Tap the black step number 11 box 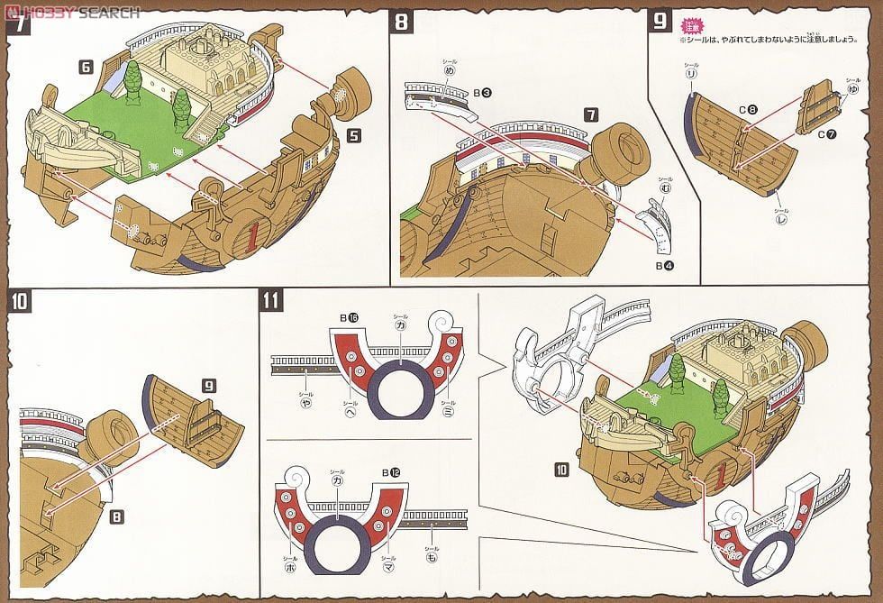[270, 300]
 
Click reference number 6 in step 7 [86, 67]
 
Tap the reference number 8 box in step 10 [117, 517]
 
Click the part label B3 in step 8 [482, 92]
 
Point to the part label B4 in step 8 [662, 267]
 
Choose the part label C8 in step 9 [748, 110]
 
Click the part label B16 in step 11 [346, 318]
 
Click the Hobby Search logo [72, 12]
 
